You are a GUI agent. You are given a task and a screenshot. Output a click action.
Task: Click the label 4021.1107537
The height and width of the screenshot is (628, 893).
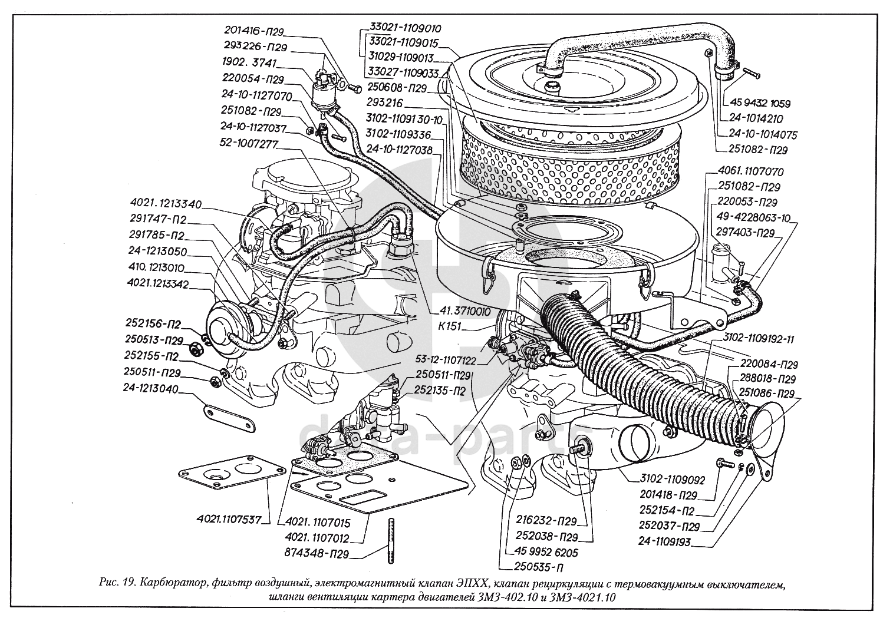pos(229,520)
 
